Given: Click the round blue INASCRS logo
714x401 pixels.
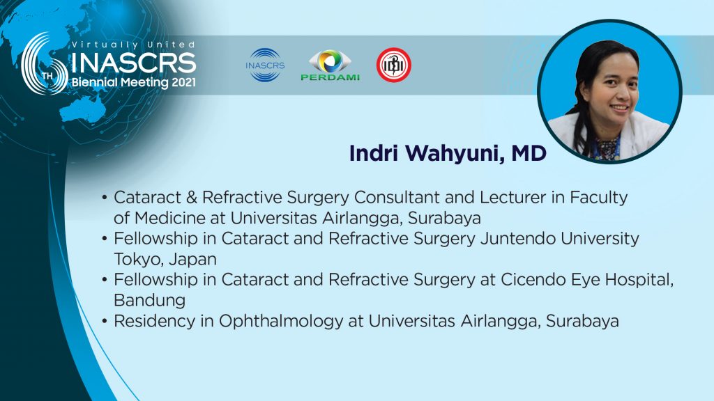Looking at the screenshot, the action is click(x=265, y=65).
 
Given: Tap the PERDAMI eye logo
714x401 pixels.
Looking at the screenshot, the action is click(x=330, y=65).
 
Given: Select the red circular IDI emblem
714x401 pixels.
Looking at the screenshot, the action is click(x=394, y=65).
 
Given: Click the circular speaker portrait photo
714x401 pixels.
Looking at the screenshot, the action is click(x=609, y=91).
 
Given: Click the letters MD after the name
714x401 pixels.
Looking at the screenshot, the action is click(x=529, y=154).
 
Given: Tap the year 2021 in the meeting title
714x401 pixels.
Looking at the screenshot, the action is click(x=184, y=82).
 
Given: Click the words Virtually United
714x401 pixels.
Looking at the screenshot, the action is click(x=133, y=45).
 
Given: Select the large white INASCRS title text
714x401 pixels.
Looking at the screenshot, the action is click(x=134, y=63).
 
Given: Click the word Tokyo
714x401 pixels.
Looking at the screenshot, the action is click(x=139, y=259).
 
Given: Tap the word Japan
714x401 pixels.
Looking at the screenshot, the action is click(x=193, y=260).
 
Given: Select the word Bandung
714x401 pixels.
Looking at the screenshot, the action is click(x=149, y=301).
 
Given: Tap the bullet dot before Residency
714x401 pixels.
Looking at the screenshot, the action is click(x=105, y=322).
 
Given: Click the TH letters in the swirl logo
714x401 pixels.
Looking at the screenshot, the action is click(x=47, y=76).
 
